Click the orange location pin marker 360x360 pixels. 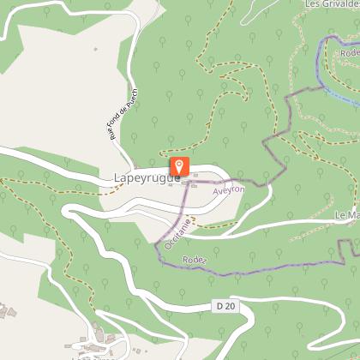point(179,166)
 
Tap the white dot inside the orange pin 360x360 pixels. point(179,164)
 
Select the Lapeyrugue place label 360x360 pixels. point(146,178)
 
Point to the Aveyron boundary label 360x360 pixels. point(230,189)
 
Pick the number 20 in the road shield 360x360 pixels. point(229,306)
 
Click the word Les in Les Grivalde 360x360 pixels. point(313,3)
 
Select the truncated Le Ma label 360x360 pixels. point(346,214)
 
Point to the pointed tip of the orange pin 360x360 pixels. point(179,177)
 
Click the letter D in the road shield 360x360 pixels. point(219,306)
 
